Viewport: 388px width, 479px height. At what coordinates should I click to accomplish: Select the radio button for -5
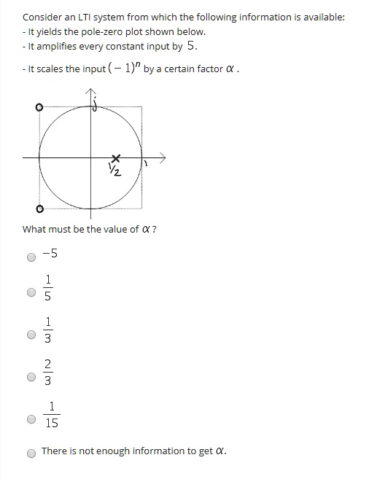[x=31, y=257]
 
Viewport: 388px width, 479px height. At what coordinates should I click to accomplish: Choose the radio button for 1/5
[x=31, y=292]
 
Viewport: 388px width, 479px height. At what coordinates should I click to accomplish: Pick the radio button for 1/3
[x=31, y=335]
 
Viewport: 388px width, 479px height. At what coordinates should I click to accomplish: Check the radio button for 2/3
[x=31, y=377]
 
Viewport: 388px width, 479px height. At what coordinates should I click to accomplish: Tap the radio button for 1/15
[x=31, y=419]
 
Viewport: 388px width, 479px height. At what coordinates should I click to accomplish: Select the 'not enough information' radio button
[x=31, y=453]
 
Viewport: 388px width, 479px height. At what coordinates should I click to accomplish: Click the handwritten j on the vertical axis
[x=96, y=104]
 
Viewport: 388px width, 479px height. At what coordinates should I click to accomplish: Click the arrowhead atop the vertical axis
[x=90, y=93]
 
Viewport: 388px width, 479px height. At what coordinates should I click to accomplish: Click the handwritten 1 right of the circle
[x=146, y=165]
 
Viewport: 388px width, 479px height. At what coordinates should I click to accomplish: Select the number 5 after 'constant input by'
[x=191, y=45]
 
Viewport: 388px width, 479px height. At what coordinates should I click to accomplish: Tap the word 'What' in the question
[x=34, y=229]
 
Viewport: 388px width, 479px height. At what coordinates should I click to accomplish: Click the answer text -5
[x=50, y=254]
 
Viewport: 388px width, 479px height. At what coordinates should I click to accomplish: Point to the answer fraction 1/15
[x=51, y=415]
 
